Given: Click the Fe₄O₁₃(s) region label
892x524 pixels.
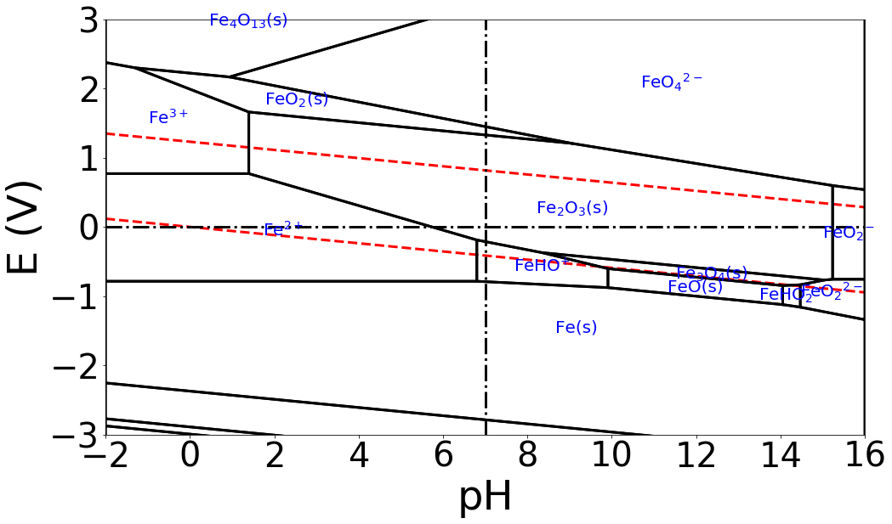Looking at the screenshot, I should tap(248, 20).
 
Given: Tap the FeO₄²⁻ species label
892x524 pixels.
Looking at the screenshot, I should tap(672, 82).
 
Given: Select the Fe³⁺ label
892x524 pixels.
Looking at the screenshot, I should tap(168, 118).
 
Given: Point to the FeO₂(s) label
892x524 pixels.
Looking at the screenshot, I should tap(297, 99).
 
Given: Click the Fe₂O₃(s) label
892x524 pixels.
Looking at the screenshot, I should tap(572, 208).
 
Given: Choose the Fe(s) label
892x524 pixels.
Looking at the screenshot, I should tap(577, 328).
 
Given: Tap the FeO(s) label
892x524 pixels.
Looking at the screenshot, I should tap(695, 287).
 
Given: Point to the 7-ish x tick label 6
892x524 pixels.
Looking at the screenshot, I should tap(443, 457).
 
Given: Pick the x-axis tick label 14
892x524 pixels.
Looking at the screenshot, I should tap(780, 457).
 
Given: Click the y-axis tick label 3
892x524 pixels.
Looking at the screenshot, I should tap(88, 20).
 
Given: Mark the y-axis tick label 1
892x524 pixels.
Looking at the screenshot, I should tap(88, 158).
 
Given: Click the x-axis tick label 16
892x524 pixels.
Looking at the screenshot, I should tap(864, 457).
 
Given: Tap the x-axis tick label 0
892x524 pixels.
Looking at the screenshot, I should tap(190, 457).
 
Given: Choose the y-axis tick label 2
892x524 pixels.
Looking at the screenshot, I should tap(88, 88).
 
